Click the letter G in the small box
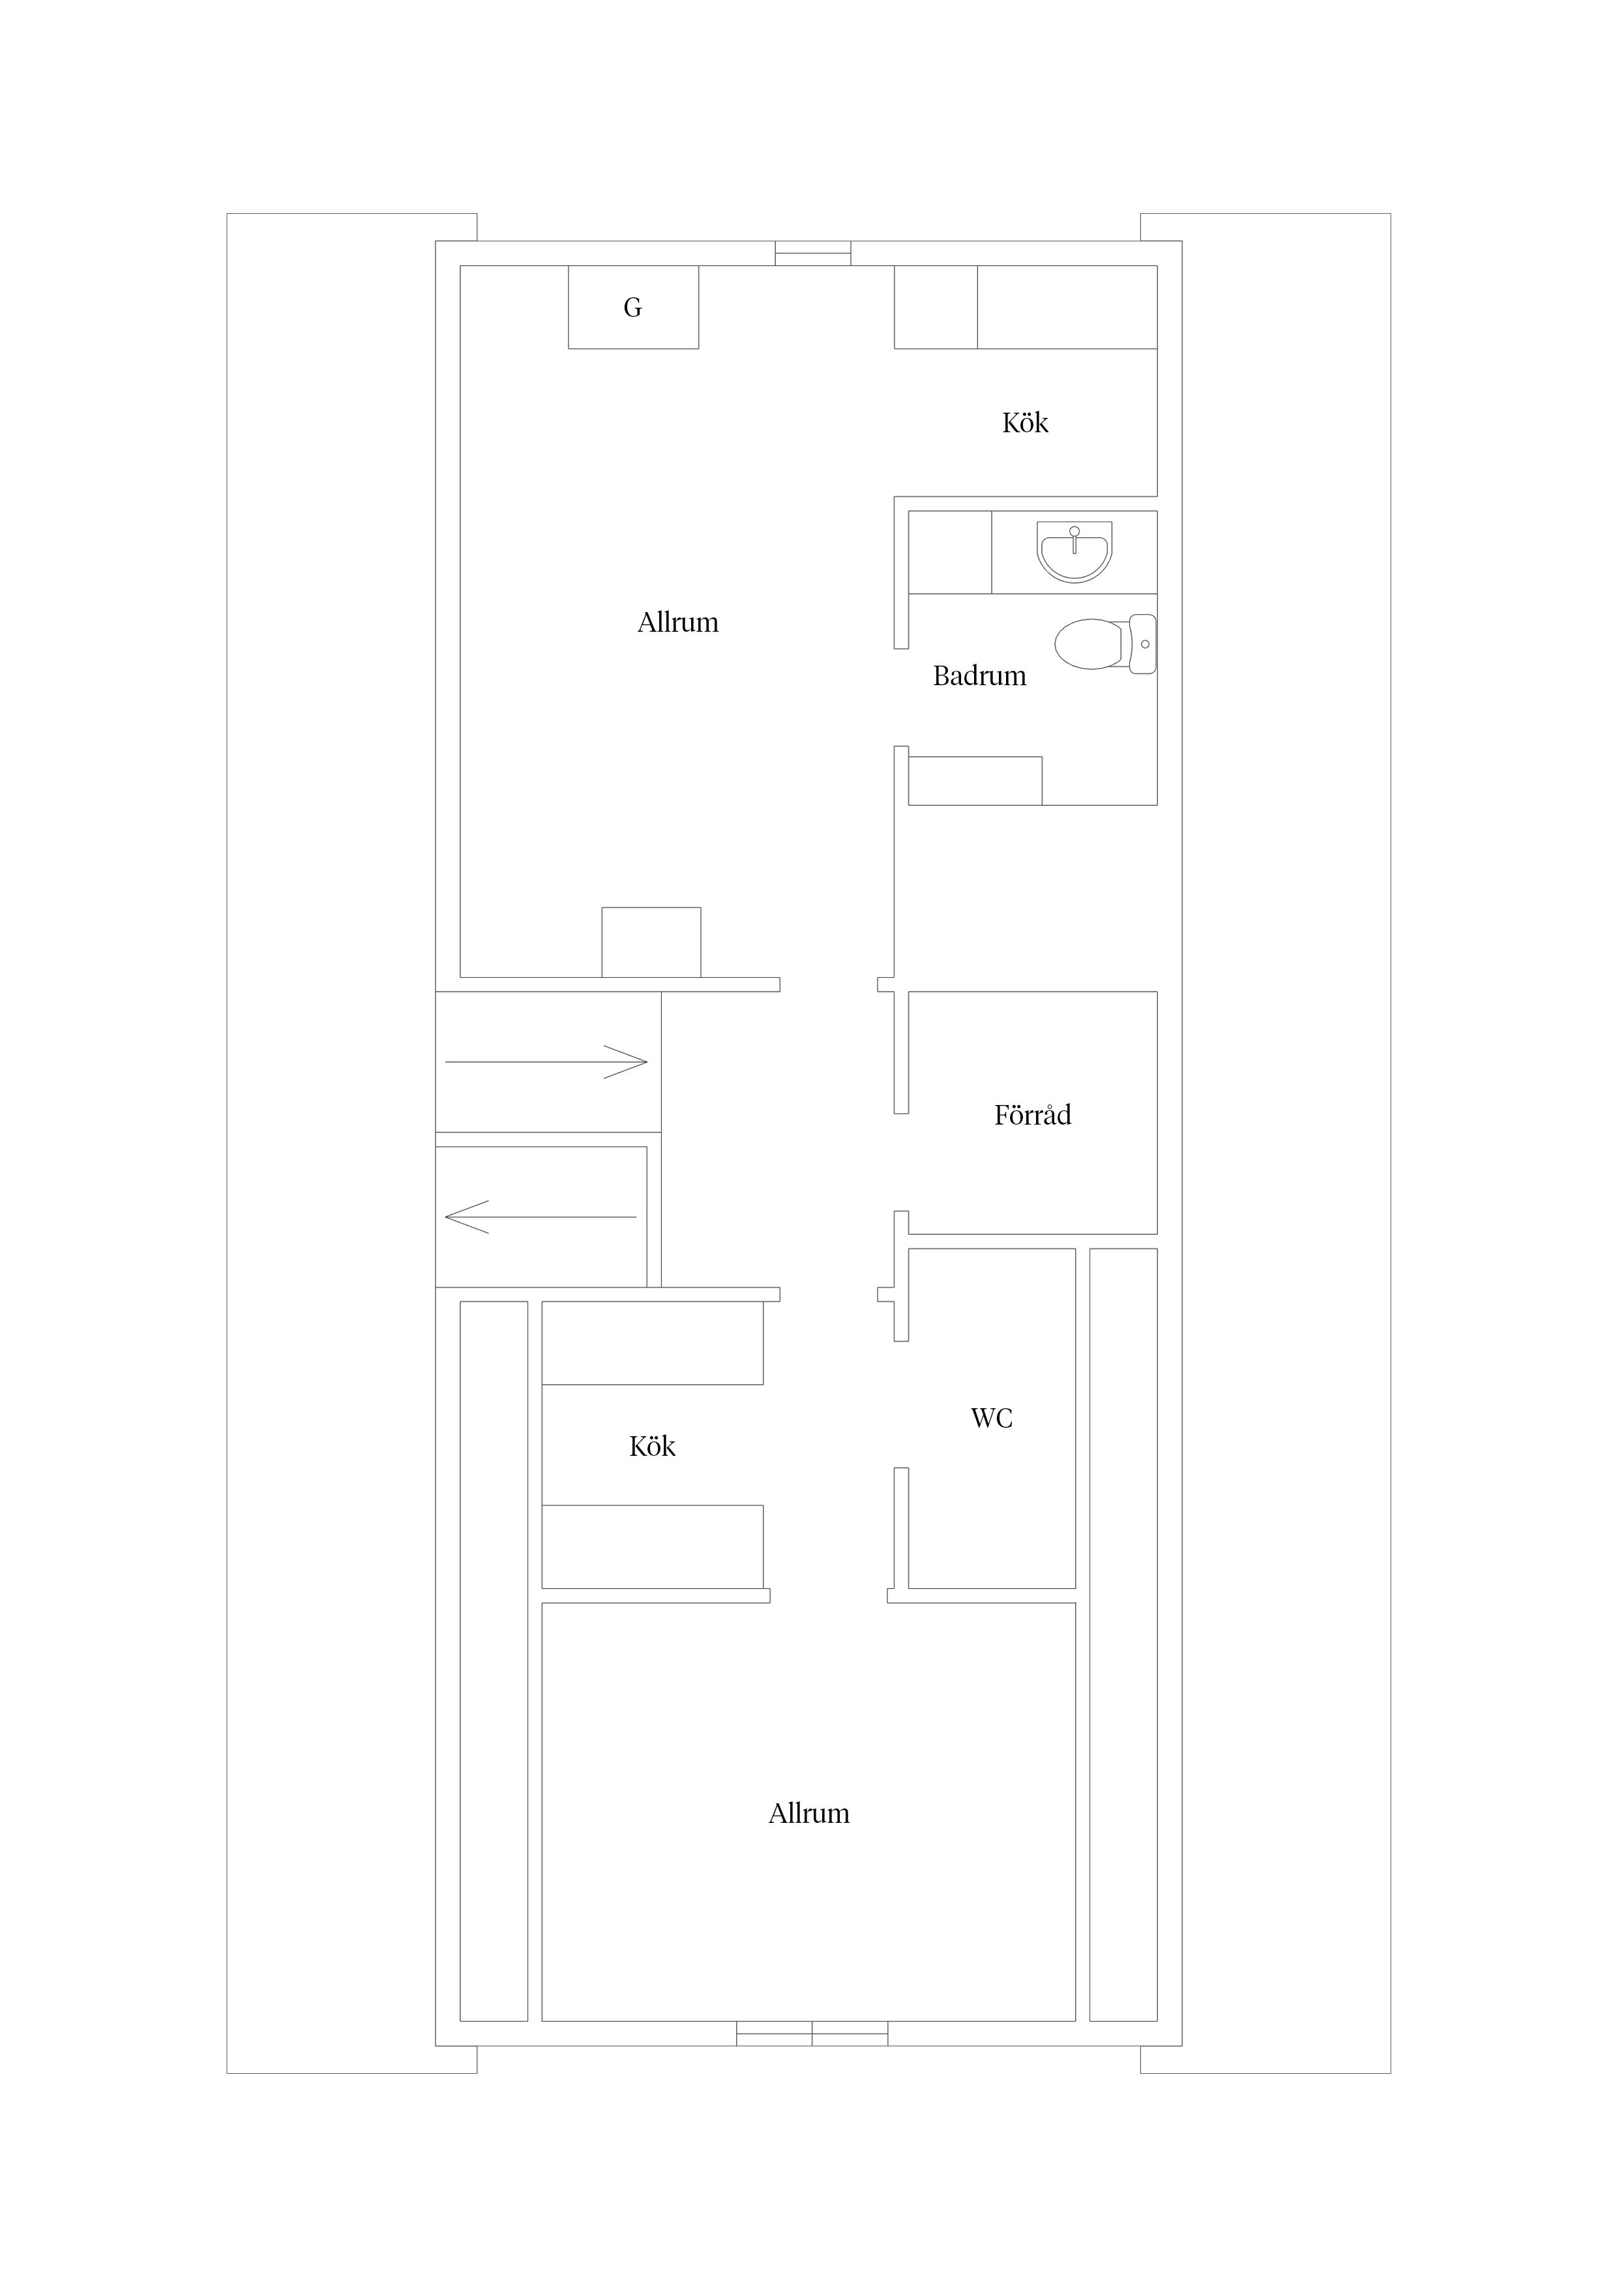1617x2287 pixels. coord(632,308)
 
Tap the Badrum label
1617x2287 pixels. coord(979,676)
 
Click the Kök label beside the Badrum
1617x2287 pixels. coord(1025,422)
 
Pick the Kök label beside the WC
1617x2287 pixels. coord(653,1446)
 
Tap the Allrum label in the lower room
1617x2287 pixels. coord(809,1814)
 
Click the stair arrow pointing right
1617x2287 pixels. coord(546,1062)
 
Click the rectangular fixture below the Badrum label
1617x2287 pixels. coord(975,781)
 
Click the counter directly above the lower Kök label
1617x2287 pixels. coord(653,1343)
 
